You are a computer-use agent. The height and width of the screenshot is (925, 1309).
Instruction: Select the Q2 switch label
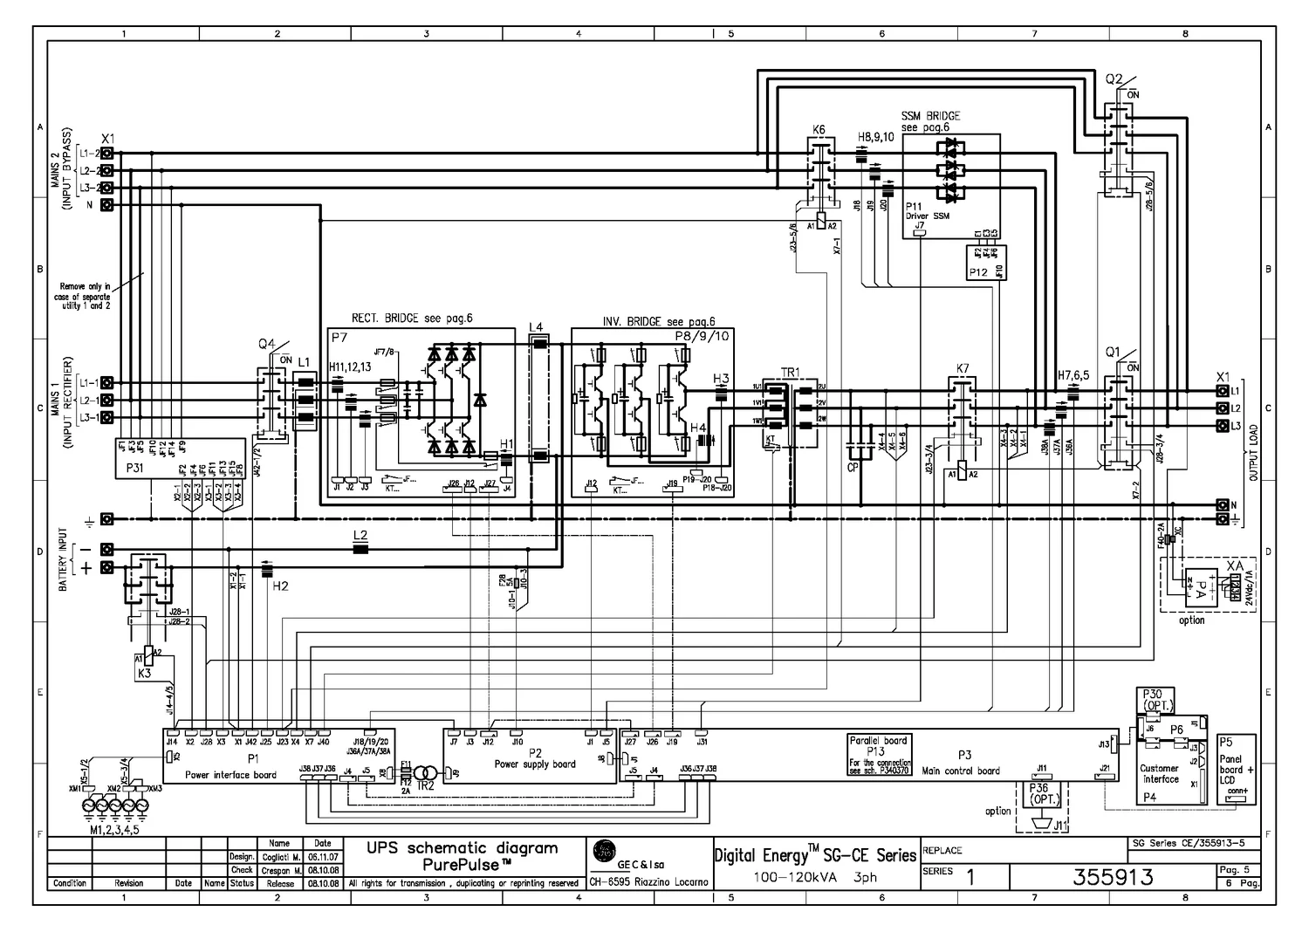point(1114,79)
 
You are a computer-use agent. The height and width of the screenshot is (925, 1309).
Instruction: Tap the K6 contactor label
point(819,129)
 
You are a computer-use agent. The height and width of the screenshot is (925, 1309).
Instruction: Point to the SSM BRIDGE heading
point(930,116)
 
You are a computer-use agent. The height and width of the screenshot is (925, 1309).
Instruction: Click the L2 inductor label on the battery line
point(360,534)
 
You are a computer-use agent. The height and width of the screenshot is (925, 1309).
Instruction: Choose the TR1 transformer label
point(790,373)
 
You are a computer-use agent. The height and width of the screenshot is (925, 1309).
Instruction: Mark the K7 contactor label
point(963,369)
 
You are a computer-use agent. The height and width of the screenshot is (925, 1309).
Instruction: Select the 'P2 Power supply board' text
point(534,757)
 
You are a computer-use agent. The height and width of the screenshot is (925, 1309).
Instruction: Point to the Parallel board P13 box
point(879,755)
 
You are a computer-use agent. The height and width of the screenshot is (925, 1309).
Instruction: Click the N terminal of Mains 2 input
point(107,205)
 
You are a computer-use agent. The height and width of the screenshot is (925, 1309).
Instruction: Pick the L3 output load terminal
point(1222,426)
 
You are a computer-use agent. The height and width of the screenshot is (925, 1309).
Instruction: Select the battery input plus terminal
point(107,568)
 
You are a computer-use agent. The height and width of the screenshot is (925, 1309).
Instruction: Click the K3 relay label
point(144,674)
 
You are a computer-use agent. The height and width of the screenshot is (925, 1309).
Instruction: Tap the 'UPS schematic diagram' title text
point(462,847)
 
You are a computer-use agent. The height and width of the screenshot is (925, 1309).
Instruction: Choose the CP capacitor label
point(853,468)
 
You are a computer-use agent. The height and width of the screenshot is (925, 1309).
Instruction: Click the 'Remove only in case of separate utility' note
point(85,296)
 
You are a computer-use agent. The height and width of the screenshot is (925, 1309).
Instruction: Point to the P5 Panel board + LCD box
point(1236,770)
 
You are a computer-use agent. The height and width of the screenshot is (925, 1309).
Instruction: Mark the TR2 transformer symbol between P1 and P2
point(425,774)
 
